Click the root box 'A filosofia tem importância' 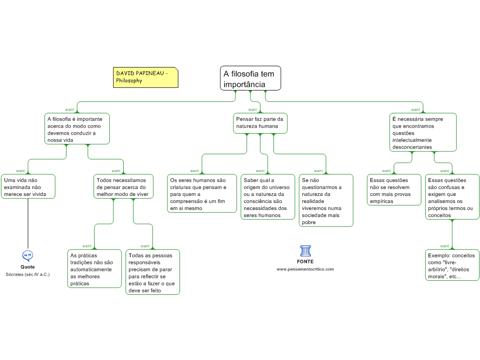[250, 78]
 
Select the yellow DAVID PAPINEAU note [146, 77]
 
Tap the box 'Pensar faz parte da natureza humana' [260, 123]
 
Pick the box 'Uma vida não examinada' [28, 187]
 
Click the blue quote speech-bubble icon [28, 255]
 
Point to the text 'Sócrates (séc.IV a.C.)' [28, 275]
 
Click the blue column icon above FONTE [306, 251]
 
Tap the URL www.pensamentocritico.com [305, 270]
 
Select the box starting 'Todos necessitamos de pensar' [123, 187]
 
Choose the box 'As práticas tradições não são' [95, 269]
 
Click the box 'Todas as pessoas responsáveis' [153, 272]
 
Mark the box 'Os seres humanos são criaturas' [202, 194]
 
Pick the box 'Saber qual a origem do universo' [268, 197]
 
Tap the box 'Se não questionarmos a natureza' [326, 201]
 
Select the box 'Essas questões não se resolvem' [394, 190]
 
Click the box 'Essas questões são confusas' [452, 197]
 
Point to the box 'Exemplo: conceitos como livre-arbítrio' [452, 265]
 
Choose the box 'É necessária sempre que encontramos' [423, 132]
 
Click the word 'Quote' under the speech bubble [28, 267]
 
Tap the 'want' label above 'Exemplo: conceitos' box [444, 246]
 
